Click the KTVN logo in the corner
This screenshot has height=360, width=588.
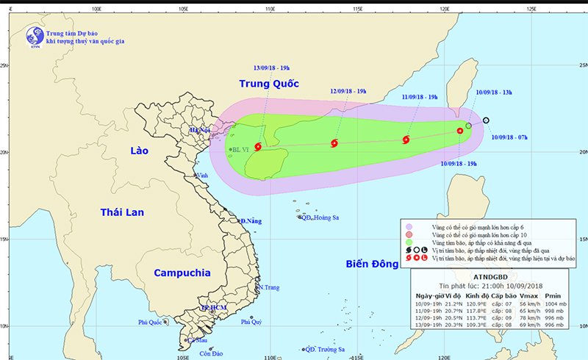click(x=33, y=36)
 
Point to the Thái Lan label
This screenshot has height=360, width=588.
click(x=122, y=212)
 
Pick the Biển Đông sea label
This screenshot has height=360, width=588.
click(x=377, y=264)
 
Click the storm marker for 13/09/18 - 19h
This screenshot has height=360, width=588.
click(x=257, y=147)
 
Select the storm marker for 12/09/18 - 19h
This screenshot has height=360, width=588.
click(x=334, y=144)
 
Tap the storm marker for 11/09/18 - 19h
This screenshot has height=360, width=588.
click(x=406, y=140)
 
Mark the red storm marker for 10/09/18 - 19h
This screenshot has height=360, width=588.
click(x=460, y=132)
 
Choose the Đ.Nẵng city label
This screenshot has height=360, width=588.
click(x=251, y=221)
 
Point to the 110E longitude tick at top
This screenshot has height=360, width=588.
click(x=270, y=10)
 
